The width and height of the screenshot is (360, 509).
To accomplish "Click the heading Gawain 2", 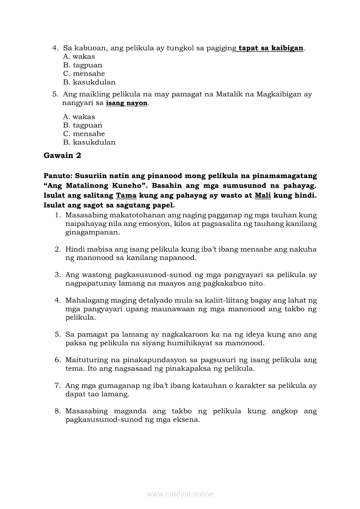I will pyautogui.click(x=62, y=155).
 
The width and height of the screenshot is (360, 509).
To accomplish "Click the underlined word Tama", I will pyautogui.click(x=126, y=196).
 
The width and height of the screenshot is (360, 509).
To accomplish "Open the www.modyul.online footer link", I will pyautogui.click(x=180, y=494).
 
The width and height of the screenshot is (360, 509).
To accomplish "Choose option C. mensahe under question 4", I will pyautogui.click(x=84, y=74).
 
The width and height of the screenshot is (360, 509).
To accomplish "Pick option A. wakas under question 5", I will pyautogui.click(x=79, y=117).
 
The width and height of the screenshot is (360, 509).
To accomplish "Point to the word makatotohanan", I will pyautogui.click(x=135, y=215).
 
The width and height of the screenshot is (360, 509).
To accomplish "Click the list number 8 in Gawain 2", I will pyautogui.click(x=57, y=411).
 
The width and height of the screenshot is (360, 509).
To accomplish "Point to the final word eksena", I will pyautogui.click(x=187, y=420).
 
